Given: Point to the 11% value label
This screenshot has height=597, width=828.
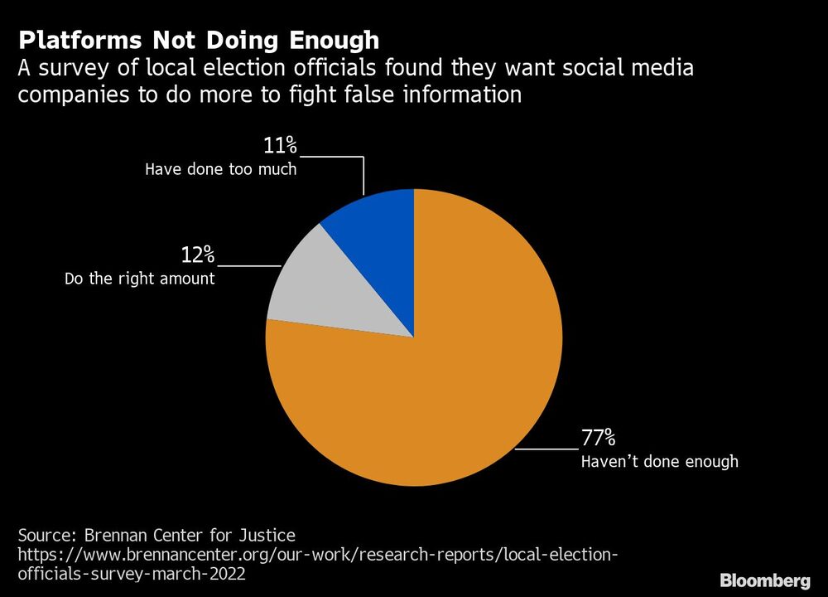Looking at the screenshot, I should [x=280, y=147].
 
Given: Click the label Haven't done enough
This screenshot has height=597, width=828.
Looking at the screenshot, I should [x=659, y=462].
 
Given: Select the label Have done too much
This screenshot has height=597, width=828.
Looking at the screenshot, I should [x=220, y=170].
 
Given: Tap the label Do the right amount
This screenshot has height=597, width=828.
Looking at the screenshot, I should [x=139, y=279].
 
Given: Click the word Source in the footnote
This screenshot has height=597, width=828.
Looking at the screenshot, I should [x=44, y=535].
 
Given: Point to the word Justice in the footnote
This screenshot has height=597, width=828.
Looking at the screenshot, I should [x=266, y=535].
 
